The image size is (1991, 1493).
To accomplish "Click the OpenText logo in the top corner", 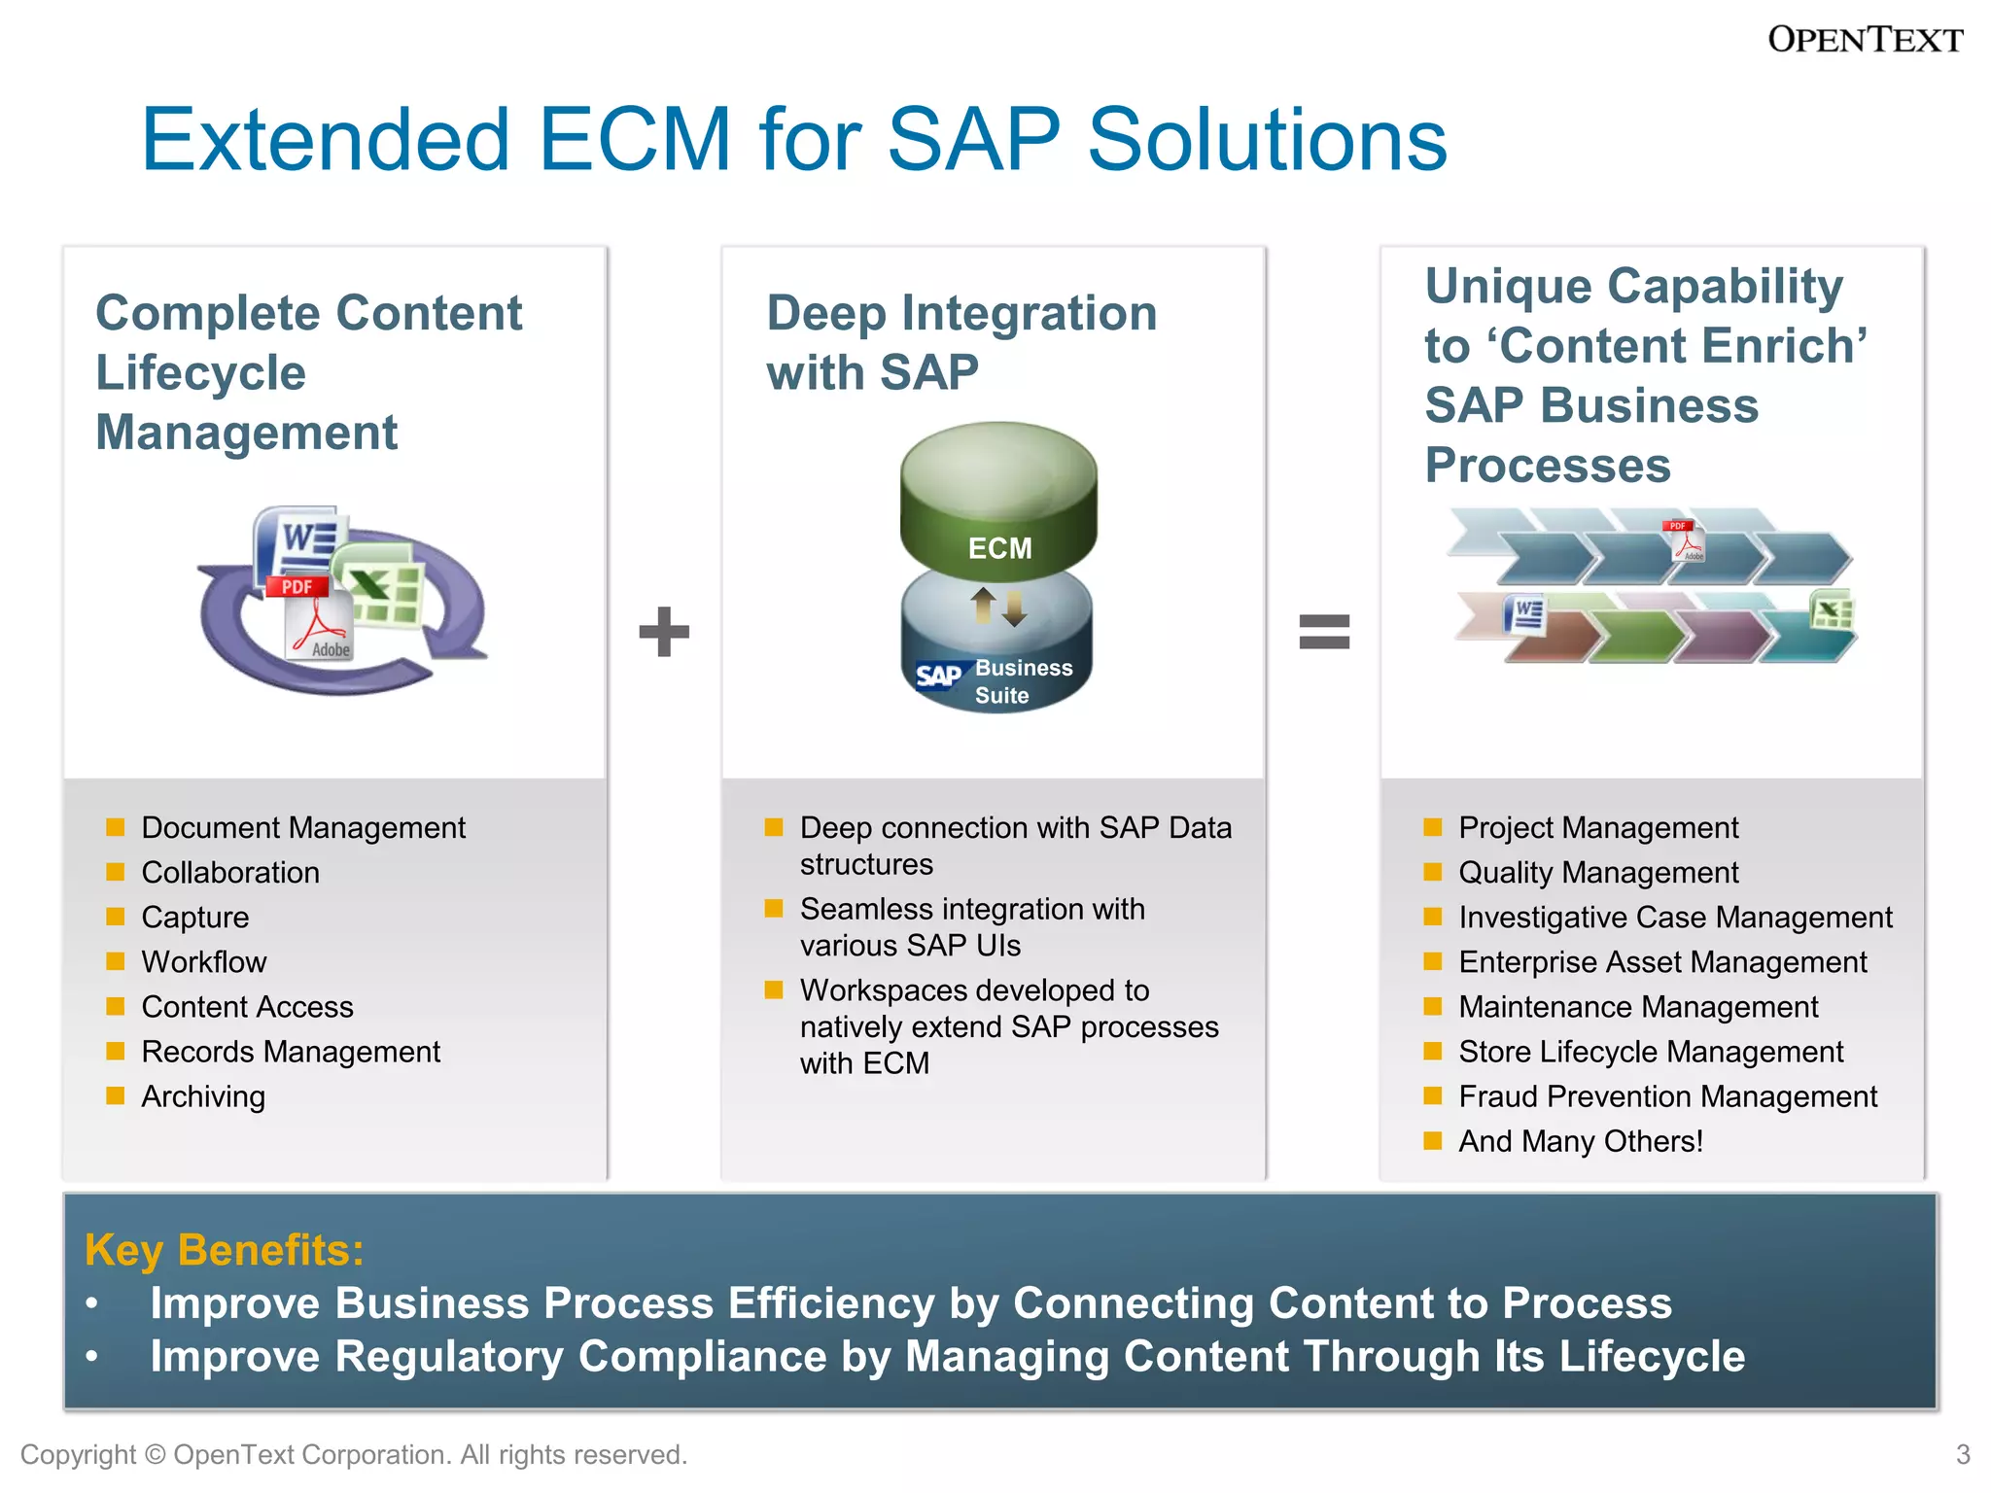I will pyautogui.click(x=1864, y=40).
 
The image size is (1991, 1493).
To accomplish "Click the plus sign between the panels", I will pyautogui.click(x=664, y=632).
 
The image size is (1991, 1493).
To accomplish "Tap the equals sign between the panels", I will pyautogui.click(x=1324, y=632).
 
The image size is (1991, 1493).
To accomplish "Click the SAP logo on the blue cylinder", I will pyautogui.click(x=939, y=676).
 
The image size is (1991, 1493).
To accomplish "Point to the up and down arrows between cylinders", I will pyautogui.click(x=998, y=608).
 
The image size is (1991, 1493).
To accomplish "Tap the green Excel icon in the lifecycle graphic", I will pyautogui.click(x=381, y=583).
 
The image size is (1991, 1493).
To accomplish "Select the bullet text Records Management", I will pyautogui.click(x=291, y=1052).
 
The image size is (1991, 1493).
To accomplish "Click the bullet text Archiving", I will pyautogui.click(x=203, y=1096).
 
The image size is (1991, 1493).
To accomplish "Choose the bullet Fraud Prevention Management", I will pyautogui.click(x=1667, y=1096).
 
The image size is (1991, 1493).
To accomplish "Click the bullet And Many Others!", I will pyautogui.click(x=1581, y=1141).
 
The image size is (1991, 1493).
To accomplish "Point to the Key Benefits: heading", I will pyautogui.click(x=224, y=1250).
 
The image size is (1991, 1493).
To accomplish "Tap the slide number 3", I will pyautogui.click(x=1962, y=1454).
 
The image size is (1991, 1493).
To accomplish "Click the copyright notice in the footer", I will pyautogui.click(x=354, y=1454).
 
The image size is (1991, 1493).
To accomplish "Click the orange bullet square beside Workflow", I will pyautogui.click(x=116, y=961).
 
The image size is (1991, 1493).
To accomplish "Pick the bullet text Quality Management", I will pyautogui.click(x=1598, y=873).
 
